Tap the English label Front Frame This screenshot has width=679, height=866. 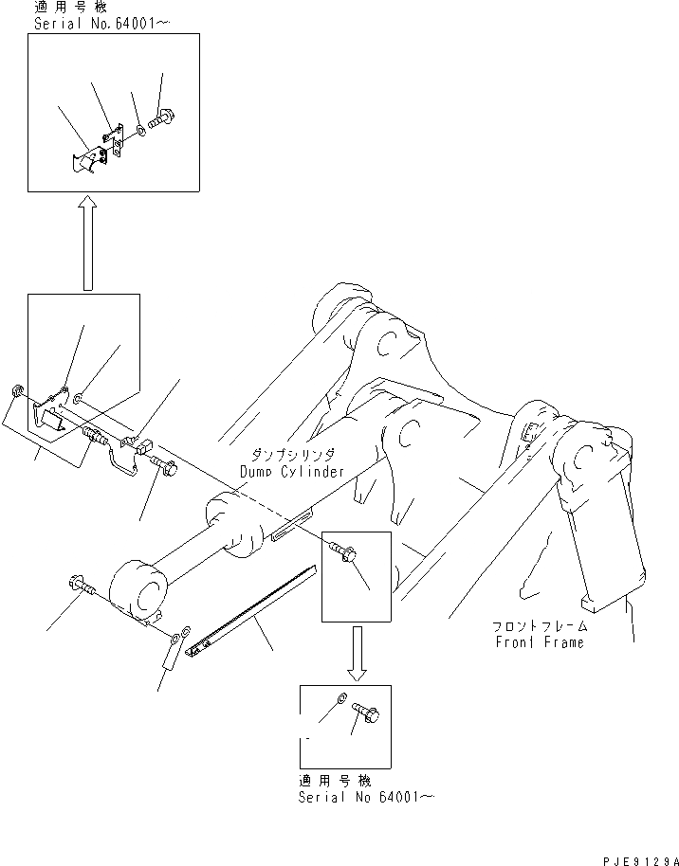click(541, 641)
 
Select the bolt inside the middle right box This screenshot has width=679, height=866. click(345, 550)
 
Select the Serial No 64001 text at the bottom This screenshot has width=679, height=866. click(366, 799)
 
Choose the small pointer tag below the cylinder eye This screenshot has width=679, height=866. click(170, 653)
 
